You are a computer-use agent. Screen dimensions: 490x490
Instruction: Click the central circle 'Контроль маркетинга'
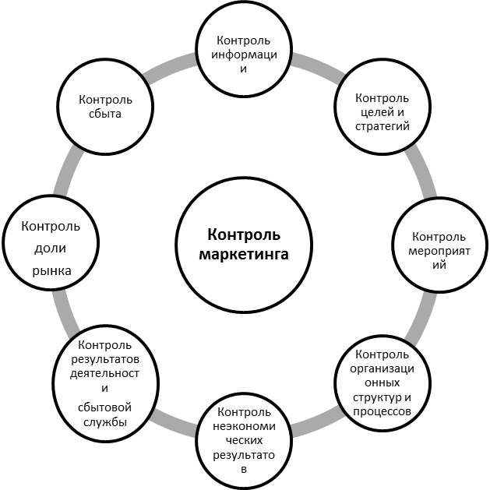coord(244,245)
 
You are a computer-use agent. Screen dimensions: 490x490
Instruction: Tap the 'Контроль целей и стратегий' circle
coord(381,112)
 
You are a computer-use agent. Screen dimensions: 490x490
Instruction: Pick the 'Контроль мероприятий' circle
coord(438,250)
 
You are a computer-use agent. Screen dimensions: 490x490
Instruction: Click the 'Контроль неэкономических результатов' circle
coord(245,439)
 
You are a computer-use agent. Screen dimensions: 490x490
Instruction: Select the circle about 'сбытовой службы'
coord(105,382)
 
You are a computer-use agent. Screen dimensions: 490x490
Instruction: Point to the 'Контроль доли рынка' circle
coord(51,249)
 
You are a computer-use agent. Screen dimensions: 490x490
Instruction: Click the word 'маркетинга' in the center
coord(244,254)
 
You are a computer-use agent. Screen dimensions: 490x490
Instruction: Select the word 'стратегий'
coord(382,125)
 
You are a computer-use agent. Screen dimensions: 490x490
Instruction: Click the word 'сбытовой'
coord(105,407)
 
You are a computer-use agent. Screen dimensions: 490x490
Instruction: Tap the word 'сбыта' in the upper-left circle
coord(105,114)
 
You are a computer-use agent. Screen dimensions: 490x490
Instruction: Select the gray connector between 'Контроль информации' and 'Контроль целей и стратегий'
coord(318,65)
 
